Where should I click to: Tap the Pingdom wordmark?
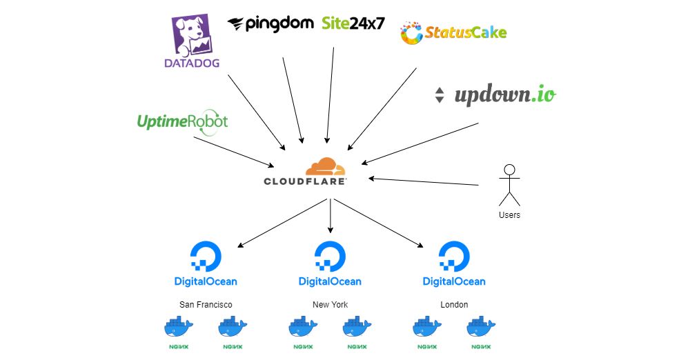tap(270, 24)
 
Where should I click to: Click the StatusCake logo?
tap(453, 32)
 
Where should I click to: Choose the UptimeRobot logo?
tap(182, 122)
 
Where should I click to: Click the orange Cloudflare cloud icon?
tap(324, 168)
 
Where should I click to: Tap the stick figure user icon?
tap(509, 185)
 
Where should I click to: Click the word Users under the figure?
tap(509, 215)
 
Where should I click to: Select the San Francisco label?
tap(206, 305)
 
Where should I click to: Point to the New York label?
tap(330, 305)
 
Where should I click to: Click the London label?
tap(454, 305)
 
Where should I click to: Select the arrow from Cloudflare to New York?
tap(331, 215)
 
